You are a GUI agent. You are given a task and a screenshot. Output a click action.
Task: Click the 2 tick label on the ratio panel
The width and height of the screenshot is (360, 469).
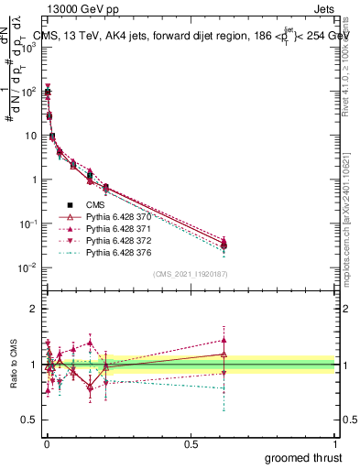point(33,309)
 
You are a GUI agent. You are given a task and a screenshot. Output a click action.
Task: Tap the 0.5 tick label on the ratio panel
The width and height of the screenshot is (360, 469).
point(29,421)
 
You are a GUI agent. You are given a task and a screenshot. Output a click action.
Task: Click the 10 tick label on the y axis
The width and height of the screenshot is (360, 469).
point(29,136)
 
